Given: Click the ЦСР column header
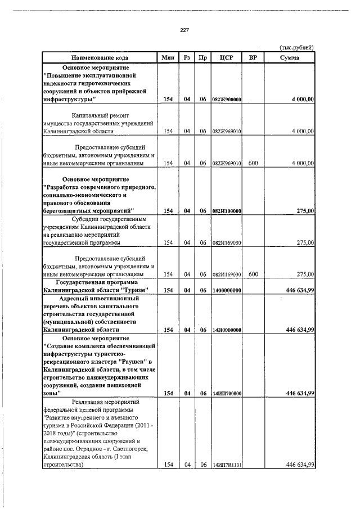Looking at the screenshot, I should [227, 57].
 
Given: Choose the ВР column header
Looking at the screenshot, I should [253, 57].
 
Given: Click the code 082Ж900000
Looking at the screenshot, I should [227, 100].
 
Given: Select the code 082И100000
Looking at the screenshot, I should [227, 211].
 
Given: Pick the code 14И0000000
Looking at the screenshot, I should [227, 330].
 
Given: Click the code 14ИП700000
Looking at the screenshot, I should [227, 394].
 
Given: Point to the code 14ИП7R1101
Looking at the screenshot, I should [227, 465].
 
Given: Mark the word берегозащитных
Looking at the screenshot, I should [67, 210].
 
